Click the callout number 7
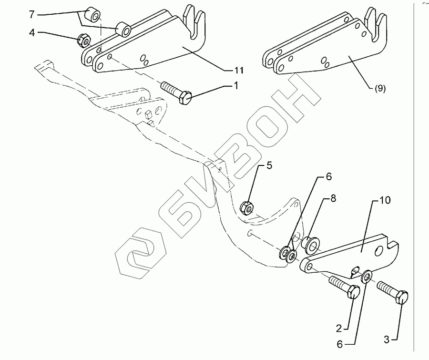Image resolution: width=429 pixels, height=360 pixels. (x=31, y=14)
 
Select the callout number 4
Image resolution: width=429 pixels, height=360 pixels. (x=31, y=33)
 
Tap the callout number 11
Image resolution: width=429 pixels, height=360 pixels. (x=239, y=70)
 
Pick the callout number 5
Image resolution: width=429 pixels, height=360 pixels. (x=269, y=166)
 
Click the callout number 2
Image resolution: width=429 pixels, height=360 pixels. (x=338, y=329)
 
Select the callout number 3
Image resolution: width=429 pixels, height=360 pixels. (x=387, y=339)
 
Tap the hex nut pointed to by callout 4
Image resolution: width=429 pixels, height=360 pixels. (x=82, y=41)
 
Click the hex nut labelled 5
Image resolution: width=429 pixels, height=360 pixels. (x=246, y=207)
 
